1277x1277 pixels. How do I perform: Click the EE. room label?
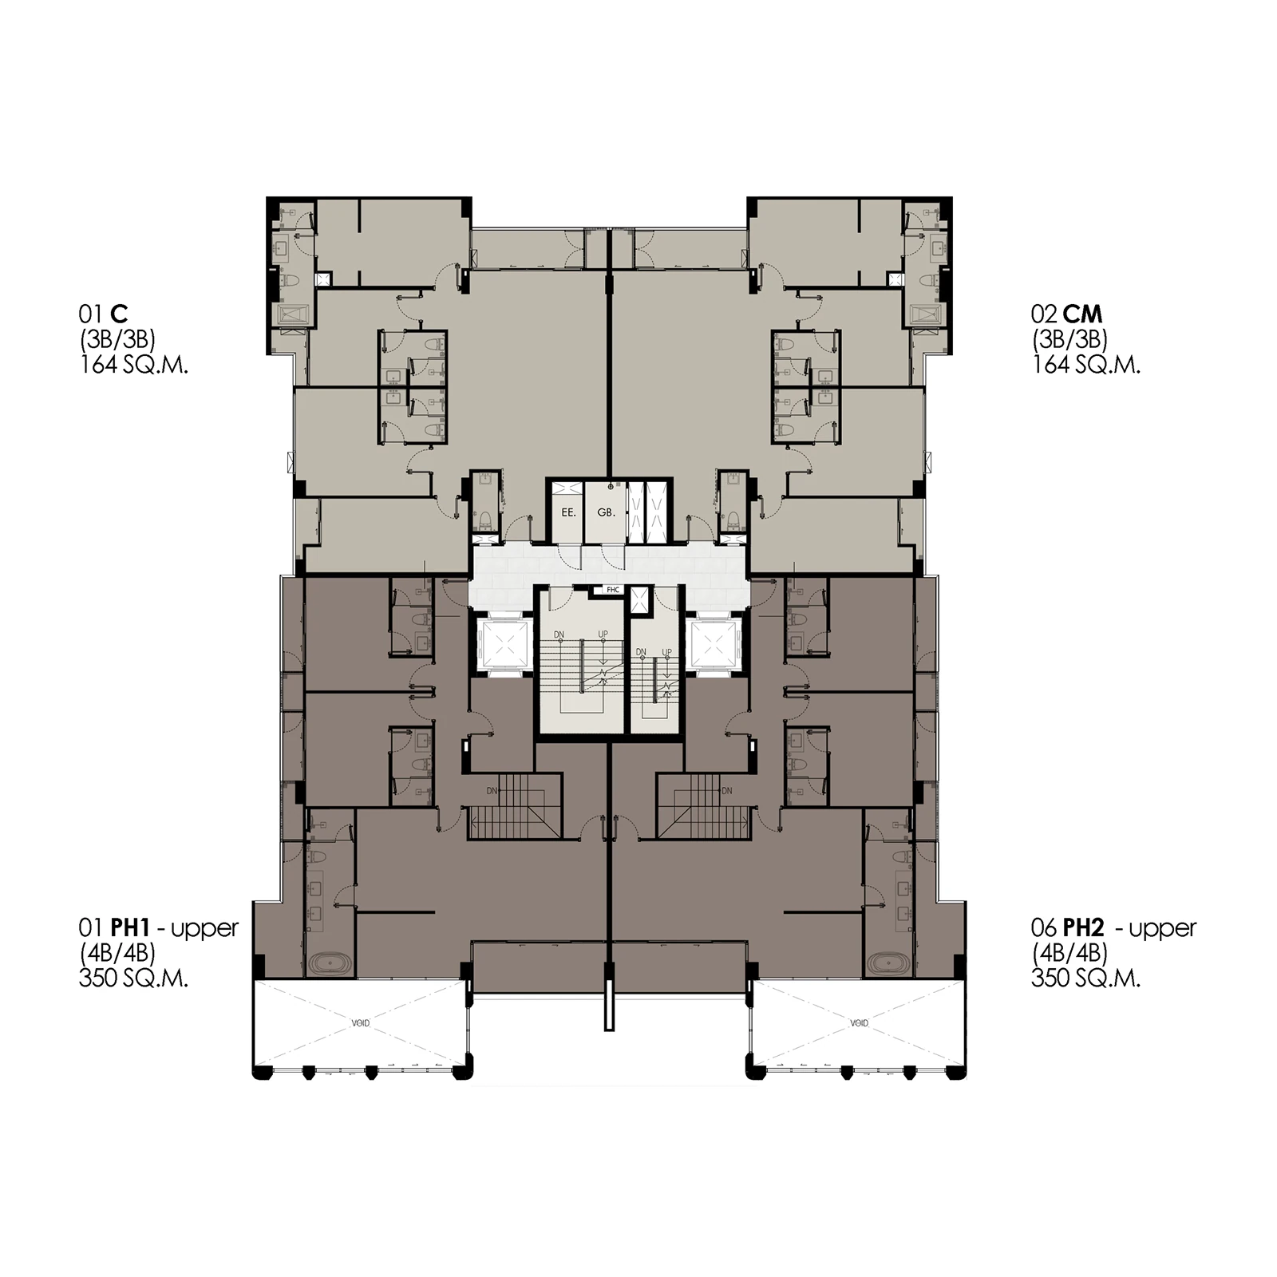568,512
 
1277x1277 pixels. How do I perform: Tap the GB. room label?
607,512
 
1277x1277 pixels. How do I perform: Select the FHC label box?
613,590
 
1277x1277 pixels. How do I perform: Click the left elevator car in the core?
503,645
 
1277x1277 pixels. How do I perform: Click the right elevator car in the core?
716,645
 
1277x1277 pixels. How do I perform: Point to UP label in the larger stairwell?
603,635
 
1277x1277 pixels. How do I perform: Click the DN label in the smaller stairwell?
641,652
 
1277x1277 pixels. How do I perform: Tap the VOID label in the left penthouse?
361,1023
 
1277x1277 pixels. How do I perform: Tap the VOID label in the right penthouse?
859,1023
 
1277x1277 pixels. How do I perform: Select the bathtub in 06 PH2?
888,964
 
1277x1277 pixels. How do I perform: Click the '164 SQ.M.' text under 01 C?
133,366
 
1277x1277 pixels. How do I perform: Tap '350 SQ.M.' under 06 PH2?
1085,979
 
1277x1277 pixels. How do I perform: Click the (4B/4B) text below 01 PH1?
117,953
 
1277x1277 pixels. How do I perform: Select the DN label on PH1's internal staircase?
492,791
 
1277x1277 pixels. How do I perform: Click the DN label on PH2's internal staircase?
726,791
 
